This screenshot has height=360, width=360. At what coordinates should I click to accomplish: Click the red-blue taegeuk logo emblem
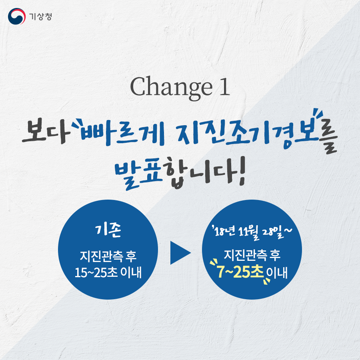[x=17, y=16]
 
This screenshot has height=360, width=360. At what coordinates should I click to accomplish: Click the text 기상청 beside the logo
[x=40, y=16]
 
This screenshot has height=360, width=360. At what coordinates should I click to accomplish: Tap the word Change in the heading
[x=171, y=88]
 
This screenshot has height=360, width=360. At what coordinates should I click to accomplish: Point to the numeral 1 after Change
[x=224, y=87]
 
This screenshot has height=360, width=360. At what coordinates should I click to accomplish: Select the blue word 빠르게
[x=122, y=134]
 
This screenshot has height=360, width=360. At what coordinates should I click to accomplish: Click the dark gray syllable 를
[x=327, y=142]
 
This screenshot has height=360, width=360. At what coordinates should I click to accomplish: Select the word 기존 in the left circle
[x=108, y=230]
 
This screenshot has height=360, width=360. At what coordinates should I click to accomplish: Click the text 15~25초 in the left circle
[x=96, y=272]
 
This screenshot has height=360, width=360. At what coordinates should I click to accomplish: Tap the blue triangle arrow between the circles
[x=180, y=253]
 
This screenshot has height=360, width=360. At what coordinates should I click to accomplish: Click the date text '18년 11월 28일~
[x=252, y=232]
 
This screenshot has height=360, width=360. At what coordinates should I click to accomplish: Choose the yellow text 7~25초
[x=240, y=272]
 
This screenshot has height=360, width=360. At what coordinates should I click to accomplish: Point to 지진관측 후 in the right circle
[x=252, y=255]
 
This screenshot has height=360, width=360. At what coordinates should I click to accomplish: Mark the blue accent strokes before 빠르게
[x=77, y=124]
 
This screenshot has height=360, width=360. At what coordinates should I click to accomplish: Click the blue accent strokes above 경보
[x=318, y=114]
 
